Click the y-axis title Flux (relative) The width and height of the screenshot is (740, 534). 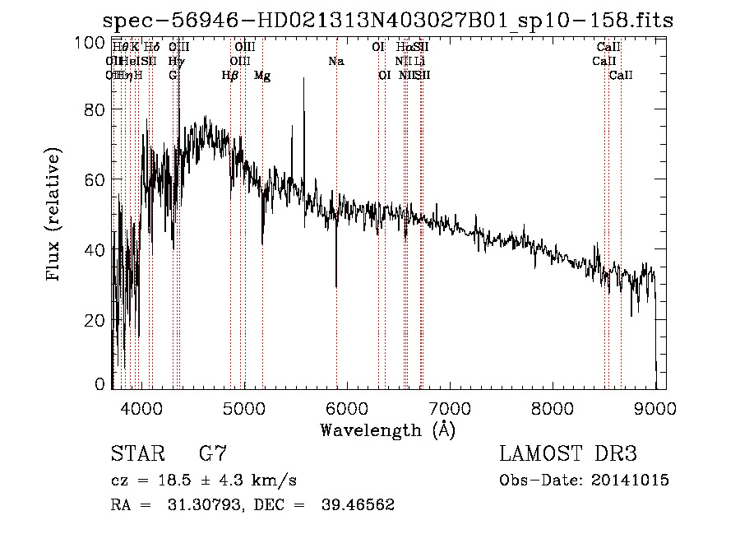click(55, 216)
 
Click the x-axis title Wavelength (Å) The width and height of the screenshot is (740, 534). click(387, 430)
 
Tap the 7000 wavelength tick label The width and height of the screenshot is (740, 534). click(449, 406)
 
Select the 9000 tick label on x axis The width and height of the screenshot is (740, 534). click(654, 406)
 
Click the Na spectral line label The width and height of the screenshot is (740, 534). click(335, 61)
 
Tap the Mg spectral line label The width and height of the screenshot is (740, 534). click(261, 75)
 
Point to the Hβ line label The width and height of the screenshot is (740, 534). click(230, 75)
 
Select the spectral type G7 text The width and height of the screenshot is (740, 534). click(212, 454)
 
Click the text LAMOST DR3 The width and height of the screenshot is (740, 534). click(568, 454)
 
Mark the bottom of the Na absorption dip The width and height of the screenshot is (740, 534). click(336, 286)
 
